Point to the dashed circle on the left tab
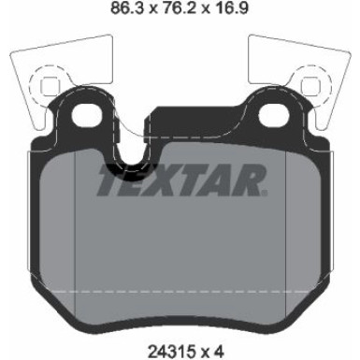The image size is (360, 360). [x=43, y=86]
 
